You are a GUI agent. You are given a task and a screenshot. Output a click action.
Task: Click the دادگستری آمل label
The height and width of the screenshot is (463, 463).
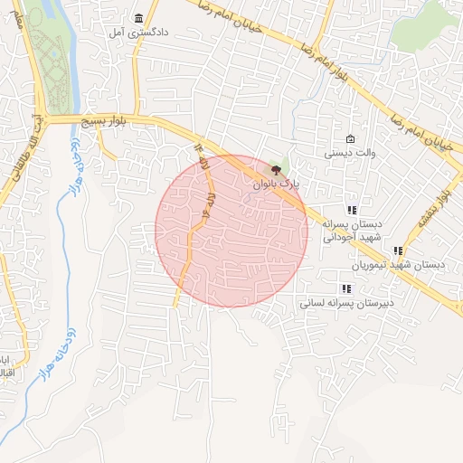[128, 33]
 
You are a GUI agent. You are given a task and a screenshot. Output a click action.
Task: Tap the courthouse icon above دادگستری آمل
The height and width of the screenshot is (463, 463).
[138, 18]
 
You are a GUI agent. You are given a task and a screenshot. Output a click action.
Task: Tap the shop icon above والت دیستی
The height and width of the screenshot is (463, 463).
[351, 139]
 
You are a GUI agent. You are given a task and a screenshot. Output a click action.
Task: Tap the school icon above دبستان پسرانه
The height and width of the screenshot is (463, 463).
[352, 210]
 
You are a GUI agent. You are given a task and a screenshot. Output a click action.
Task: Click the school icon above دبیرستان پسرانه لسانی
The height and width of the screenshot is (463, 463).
[347, 289]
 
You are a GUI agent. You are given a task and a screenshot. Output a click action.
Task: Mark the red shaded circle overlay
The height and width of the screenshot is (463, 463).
[231, 231]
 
